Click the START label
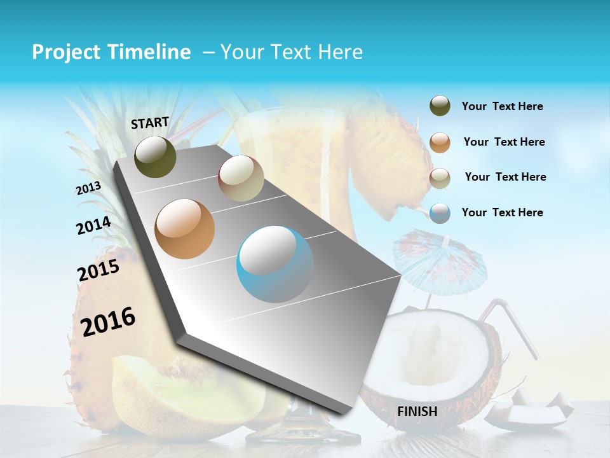150,123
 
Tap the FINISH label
417,412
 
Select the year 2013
88,188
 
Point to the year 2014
93,226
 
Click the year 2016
108,322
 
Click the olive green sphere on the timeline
155,156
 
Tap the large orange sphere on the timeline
185,229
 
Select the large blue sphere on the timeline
275,264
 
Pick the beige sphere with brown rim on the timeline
241,178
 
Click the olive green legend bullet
440,106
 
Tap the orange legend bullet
440,142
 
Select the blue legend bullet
440,212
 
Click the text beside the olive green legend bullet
502,106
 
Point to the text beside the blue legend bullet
502,212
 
